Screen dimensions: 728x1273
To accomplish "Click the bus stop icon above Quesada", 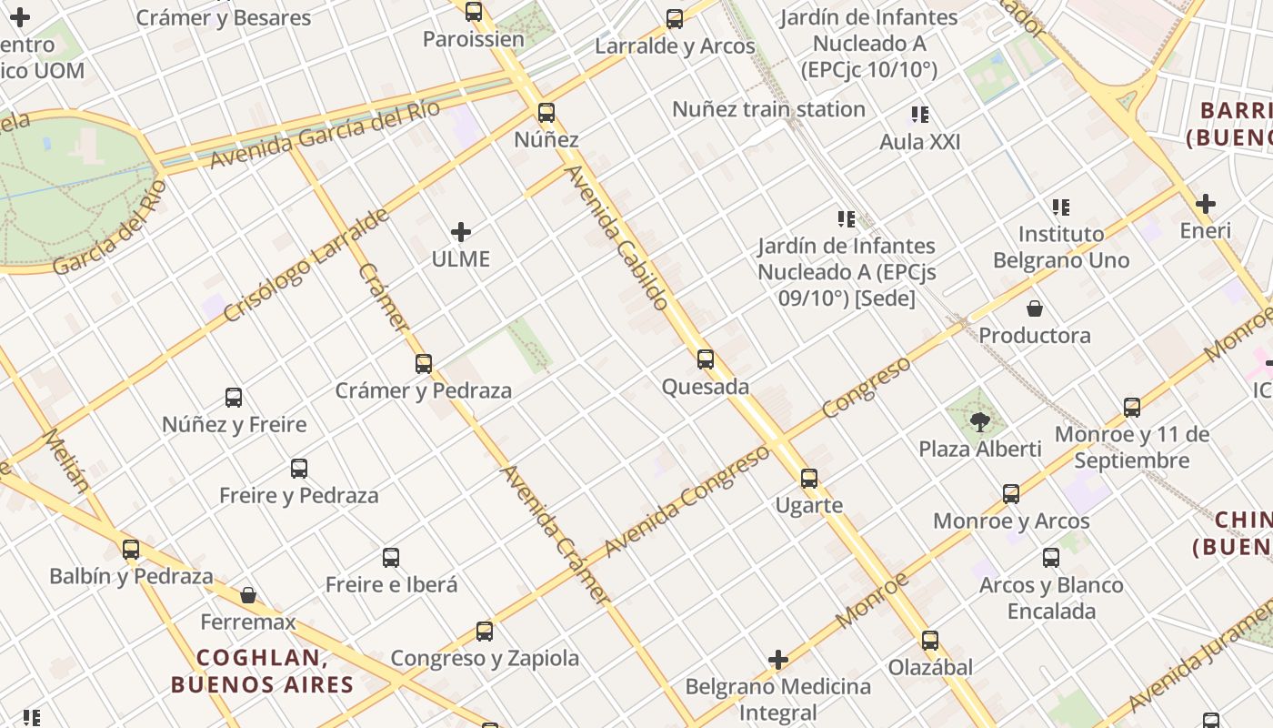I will coord(706,359).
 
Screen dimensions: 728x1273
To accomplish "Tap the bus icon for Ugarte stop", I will coord(809,479).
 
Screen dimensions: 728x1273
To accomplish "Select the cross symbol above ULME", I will coord(461,232).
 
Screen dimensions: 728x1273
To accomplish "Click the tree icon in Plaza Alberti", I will coord(979,421).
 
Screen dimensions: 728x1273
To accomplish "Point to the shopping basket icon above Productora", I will coord(1035,308).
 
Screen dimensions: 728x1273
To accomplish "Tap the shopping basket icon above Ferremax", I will coord(248,595).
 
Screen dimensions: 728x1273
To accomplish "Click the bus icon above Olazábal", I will coord(929,641).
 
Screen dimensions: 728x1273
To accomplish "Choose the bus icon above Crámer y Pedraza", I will coord(424,364).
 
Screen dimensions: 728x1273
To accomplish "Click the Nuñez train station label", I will coord(768,109).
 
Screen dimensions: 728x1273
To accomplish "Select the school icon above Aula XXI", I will coord(920,115).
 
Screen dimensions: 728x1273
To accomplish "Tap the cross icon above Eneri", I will coord(1206,204).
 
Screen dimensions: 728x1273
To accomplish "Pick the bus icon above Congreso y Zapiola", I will coord(485,632).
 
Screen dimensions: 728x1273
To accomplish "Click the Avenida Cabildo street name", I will coord(618,238).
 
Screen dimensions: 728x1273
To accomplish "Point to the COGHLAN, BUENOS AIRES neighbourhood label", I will coord(261,671).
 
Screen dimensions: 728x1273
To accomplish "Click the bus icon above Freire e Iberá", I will coord(391,558).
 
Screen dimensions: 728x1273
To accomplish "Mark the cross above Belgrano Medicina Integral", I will coord(778,660).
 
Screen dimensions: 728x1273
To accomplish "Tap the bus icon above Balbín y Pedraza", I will coord(131,550).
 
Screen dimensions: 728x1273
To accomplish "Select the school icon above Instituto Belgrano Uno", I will coord(1061,207).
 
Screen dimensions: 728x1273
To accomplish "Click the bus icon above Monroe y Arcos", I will coord(1011,494).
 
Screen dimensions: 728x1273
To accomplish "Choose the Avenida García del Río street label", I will coord(326,134).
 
